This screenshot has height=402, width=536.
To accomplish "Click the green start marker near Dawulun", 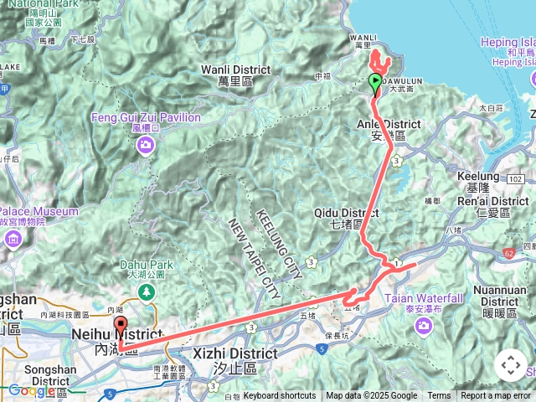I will click(x=374, y=82).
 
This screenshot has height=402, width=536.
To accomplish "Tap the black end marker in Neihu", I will click(x=120, y=327).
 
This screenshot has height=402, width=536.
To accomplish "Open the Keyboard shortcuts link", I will click(x=280, y=396).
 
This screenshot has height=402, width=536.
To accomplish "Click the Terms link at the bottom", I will click(x=439, y=396).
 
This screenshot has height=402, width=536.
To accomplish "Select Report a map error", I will click(x=495, y=396).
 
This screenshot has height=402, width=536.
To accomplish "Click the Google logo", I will click(x=31, y=390).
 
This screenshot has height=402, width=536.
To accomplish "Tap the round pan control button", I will click(x=511, y=365).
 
